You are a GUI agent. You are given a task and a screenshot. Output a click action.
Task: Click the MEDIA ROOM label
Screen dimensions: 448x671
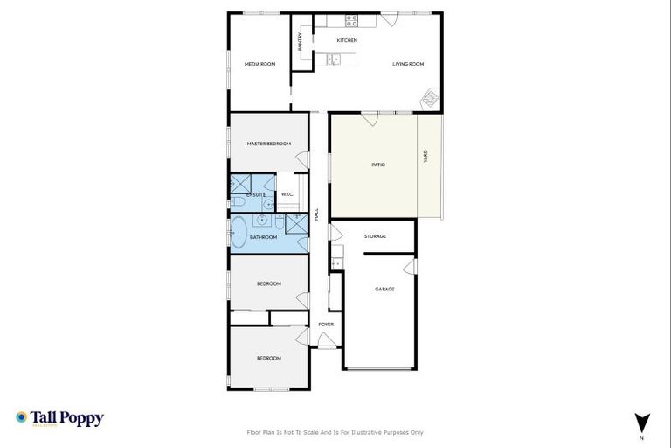pos(259,64)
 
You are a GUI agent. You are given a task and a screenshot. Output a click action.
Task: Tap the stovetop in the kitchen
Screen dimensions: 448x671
pos(351,21)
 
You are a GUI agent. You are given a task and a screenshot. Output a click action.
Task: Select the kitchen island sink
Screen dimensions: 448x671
pos(333,59)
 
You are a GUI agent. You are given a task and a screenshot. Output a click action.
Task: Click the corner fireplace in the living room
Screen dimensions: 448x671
pos(430,99)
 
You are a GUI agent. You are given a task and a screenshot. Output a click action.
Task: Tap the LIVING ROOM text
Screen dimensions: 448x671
pos(407,64)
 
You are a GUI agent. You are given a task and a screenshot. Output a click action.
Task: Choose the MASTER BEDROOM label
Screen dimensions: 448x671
pos(268,143)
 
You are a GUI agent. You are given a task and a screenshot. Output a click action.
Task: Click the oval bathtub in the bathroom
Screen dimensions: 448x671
pos(238,233)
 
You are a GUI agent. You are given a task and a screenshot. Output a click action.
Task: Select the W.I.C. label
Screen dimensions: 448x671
pos(287,194)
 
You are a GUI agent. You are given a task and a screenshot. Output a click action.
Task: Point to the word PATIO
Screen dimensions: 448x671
pos(378,164)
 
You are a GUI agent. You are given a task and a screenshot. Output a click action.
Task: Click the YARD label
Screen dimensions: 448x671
pos(425,157)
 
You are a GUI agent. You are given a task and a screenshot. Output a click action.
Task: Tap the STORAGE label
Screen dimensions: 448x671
pos(375,236)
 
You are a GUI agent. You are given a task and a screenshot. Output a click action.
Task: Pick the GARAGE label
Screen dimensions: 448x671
pos(384,289)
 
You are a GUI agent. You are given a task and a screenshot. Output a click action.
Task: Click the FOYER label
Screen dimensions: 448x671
pos(326,325)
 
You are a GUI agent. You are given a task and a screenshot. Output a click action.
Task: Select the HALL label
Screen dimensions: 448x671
pos(316,213)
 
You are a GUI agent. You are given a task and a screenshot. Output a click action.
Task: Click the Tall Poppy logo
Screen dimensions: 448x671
pos(59,418)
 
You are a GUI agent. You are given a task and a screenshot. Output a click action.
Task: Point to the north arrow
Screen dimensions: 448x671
pos(642,422)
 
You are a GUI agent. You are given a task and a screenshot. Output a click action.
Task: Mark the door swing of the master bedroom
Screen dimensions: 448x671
pos(302,160)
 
